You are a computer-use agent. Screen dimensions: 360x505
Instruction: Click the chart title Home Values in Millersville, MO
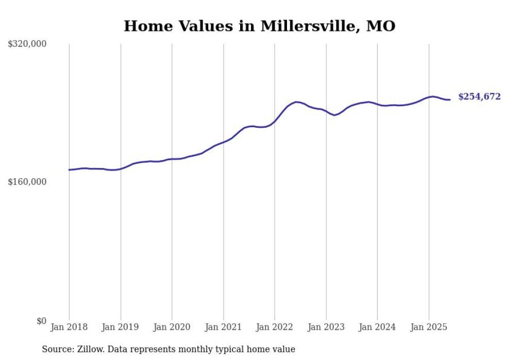(259, 26)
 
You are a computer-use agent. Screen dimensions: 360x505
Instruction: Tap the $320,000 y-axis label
(27, 44)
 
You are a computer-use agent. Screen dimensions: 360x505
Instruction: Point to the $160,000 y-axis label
(27, 182)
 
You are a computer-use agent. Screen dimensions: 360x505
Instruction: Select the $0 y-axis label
(41, 321)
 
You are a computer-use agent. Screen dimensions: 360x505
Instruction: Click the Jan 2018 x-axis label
(69, 327)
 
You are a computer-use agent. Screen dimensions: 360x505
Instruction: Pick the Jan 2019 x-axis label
(121, 327)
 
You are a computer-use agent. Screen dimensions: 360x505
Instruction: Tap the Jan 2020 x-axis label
(172, 327)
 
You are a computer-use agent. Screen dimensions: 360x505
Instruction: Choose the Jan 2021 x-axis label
(223, 327)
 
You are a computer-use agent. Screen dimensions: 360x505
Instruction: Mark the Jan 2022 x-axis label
(275, 327)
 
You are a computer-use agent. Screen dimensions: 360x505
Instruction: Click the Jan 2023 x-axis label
(326, 327)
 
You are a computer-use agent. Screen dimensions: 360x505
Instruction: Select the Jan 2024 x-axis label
(377, 327)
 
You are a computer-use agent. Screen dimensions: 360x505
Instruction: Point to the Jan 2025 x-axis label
(429, 327)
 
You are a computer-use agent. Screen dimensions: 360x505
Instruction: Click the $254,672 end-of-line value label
(479, 97)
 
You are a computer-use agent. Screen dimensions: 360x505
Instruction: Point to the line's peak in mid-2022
(296, 102)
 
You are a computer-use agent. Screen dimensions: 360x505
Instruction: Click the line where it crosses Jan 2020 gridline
(172, 159)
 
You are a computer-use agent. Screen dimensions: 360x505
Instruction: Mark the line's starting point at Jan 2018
(69, 169)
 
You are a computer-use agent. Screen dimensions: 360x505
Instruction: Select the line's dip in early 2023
(334, 115)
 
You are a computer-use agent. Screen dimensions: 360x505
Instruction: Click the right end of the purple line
(450, 99)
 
